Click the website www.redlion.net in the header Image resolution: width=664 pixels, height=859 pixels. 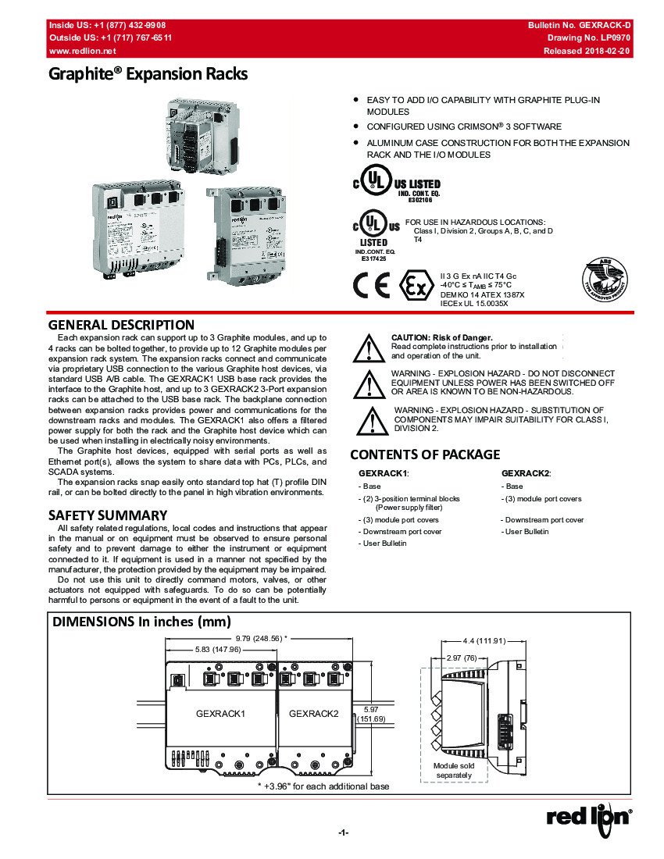[x=83, y=51]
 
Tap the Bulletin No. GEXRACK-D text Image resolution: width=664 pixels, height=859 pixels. [x=580, y=26]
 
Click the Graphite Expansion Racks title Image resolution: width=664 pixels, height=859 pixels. [x=148, y=75]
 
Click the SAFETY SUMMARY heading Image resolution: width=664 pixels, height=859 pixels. [x=108, y=515]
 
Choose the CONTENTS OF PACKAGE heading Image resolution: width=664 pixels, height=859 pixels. [x=425, y=454]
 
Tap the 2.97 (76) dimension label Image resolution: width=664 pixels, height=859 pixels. [x=460, y=658]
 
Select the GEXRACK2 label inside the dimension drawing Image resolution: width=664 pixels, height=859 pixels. [x=314, y=713]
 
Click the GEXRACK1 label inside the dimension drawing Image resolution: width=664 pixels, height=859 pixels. [x=221, y=713]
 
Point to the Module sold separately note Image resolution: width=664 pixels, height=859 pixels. [x=454, y=770]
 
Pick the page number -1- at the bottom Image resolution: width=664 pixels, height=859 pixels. [x=343, y=832]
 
